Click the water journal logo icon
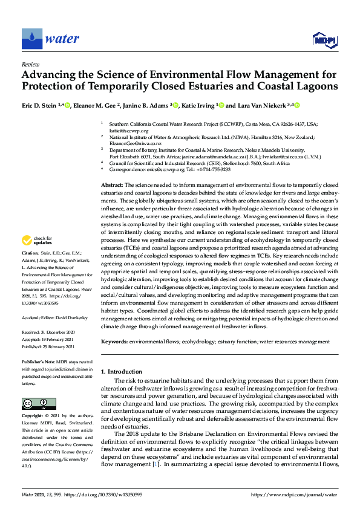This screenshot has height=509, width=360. [31, 39]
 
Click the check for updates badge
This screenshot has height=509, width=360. [38, 241]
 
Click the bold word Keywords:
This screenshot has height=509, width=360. [114, 342]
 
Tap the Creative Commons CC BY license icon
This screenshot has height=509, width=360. [35, 403]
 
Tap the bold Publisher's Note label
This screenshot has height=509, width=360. [39, 361]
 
